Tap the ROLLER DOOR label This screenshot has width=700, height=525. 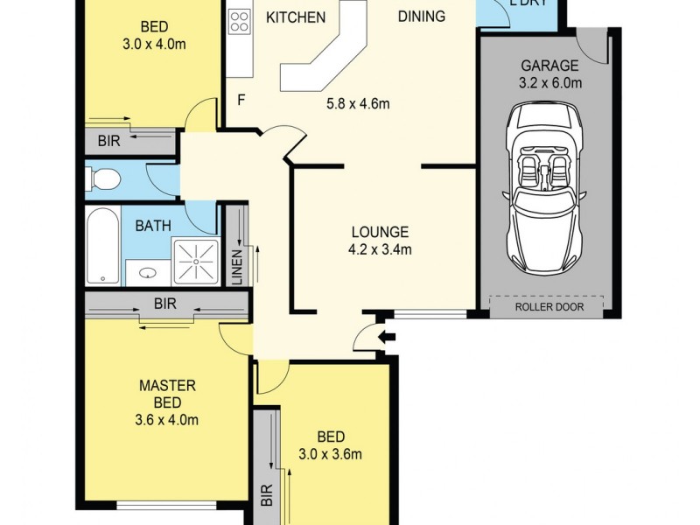click(546, 306)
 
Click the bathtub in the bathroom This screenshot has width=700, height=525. click(103, 246)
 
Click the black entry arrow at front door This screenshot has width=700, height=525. click(387, 337)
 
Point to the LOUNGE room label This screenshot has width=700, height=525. click(380, 233)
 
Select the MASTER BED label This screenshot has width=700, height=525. click(167, 394)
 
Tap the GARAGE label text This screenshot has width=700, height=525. click(549, 66)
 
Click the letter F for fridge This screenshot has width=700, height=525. click(241, 100)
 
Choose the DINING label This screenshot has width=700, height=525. click(421, 16)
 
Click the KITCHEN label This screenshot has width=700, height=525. click(296, 17)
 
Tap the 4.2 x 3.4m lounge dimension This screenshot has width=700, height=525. click(381, 249)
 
